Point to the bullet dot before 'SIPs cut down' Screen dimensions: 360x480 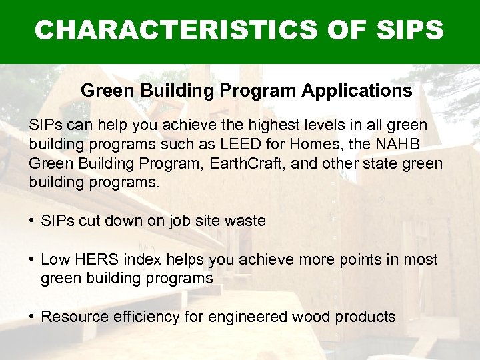pyautogui.click(x=32, y=221)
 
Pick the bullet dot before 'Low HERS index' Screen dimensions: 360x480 pyautogui.click(x=32, y=259)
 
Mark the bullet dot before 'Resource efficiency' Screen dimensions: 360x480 pyautogui.click(x=32, y=317)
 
